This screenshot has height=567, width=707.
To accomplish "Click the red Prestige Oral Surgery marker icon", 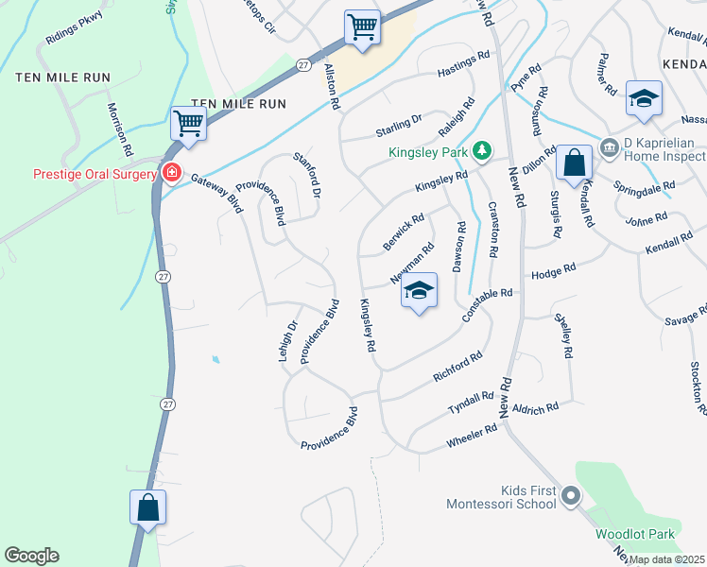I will pyautogui.click(x=171, y=173).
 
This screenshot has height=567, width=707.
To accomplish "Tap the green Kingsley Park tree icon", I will pyautogui.click(x=482, y=150).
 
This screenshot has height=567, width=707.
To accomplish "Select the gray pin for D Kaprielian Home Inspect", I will pyautogui.click(x=608, y=150).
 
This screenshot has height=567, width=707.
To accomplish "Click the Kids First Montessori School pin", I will pyautogui.click(x=569, y=495).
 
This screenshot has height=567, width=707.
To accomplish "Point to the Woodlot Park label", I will pyautogui.click(x=634, y=534).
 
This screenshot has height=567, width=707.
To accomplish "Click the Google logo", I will pyautogui.click(x=31, y=556).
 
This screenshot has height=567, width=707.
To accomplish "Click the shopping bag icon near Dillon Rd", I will pyautogui.click(x=573, y=162).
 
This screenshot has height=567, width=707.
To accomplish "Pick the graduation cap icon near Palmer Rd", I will pyautogui.click(x=644, y=98).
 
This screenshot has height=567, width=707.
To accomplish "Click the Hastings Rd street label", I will pyautogui.click(x=464, y=63).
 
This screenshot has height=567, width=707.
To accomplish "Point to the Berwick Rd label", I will pyautogui.click(x=404, y=230).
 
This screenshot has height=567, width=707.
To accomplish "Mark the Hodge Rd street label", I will pyautogui.click(x=553, y=271).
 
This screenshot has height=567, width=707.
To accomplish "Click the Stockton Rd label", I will pyautogui.click(x=698, y=388).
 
